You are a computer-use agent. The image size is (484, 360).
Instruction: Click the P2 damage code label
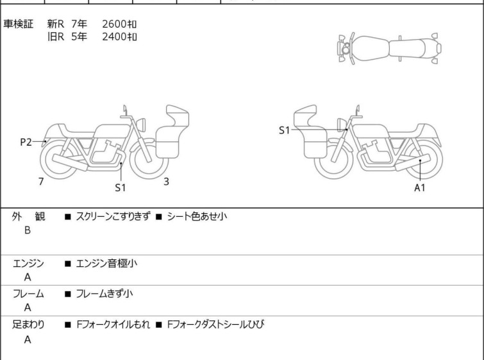point(26,142)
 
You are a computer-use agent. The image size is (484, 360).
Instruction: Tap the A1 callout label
point(419,187)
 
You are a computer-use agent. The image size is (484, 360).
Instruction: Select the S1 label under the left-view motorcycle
point(121,187)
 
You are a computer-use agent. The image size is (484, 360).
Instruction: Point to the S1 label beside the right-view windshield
point(284,130)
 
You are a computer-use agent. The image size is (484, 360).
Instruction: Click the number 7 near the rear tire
point(41,182)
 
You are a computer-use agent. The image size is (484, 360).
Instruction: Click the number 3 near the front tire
point(167,182)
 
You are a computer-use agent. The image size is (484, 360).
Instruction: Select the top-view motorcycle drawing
point(389,48)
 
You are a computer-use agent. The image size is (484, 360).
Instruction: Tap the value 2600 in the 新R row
point(114,24)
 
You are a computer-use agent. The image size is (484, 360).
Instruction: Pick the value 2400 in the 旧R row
point(114,37)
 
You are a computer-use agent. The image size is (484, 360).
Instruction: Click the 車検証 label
point(18,24)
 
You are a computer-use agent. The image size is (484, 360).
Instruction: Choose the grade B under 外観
point(28,230)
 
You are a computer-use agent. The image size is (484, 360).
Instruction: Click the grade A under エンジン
point(28,277)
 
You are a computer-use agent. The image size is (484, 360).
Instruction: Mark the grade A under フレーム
point(28,307)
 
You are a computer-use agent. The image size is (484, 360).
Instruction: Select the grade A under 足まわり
point(28,339)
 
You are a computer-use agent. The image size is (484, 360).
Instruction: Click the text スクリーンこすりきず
point(113,216)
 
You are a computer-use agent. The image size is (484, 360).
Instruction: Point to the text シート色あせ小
point(197,216)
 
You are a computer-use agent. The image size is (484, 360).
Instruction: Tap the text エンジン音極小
point(106,263)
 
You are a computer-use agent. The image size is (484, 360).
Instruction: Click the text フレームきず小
point(104,293)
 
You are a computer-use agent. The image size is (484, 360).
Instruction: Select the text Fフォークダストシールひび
point(215,325)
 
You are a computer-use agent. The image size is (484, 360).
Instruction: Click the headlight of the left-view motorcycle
point(141,124)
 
